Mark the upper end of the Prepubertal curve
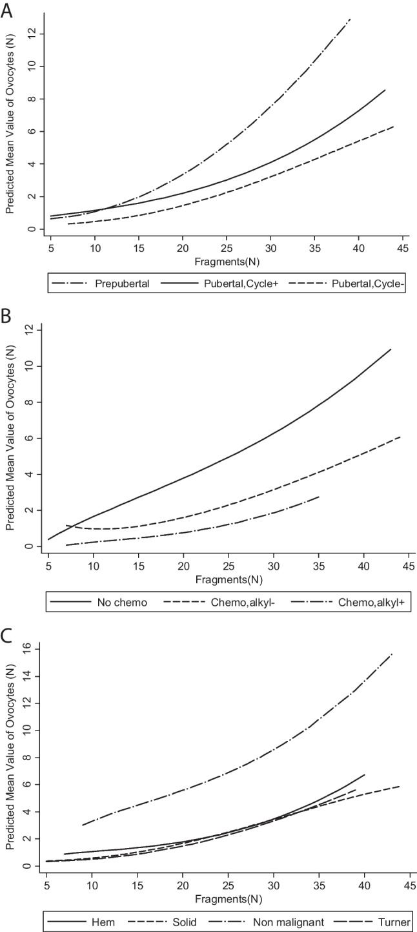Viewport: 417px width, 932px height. [x=350, y=19]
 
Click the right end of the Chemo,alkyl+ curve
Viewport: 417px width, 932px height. [x=319, y=497]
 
